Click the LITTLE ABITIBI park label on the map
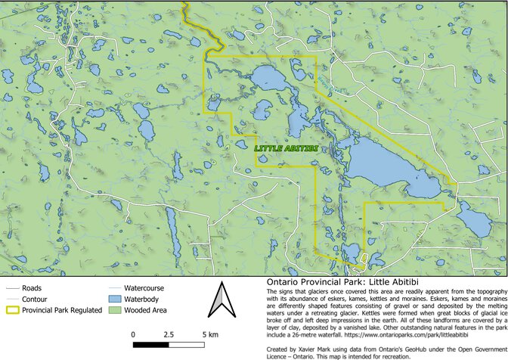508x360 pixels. click(x=285, y=148)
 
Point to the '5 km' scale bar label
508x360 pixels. click(x=209, y=334)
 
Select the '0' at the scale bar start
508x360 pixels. click(x=134, y=334)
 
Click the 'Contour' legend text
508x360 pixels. click(x=36, y=299)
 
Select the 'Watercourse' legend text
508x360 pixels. click(x=144, y=288)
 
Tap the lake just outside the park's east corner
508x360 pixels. click(x=474, y=221)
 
